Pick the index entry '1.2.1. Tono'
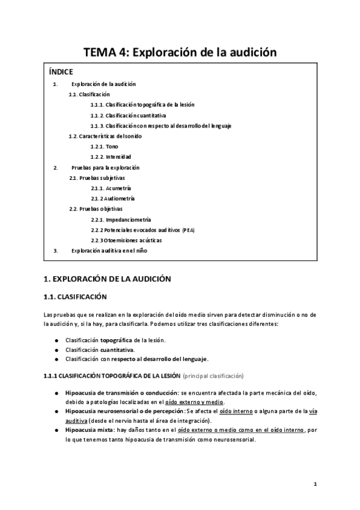click(x=105, y=146)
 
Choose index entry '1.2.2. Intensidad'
click(x=111, y=157)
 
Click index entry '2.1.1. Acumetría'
click(x=111, y=188)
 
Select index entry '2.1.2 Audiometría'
click(x=112, y=198)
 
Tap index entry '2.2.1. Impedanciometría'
click(x=120, y=220)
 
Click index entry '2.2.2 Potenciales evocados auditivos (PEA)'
click(x=142, y=230)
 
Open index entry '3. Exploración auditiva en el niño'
click(x=108, y=250)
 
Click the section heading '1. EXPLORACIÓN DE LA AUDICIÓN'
click(x=108, y=279)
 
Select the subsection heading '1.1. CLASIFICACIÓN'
click(x=75, y=296)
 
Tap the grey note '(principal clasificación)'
click(x=213, y=376)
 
